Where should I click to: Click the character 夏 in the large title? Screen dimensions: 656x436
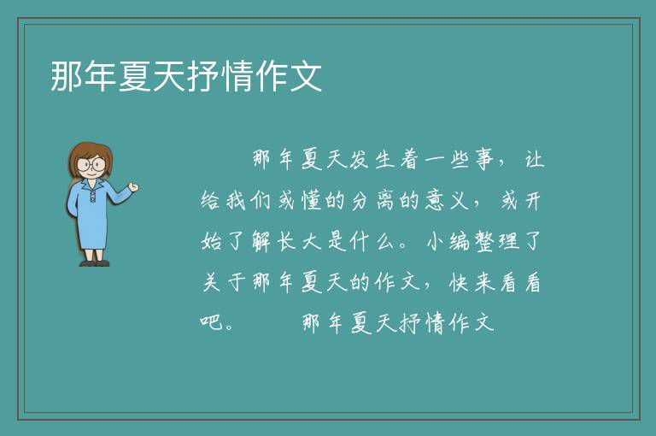(135, 76)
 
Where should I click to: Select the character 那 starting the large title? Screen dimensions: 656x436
(66, 76)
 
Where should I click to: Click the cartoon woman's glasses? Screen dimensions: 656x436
(91, 163)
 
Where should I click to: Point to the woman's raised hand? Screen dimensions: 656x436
(133, 187)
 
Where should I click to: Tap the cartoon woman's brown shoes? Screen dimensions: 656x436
(95, 263)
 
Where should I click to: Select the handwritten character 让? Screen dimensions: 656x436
(535, 160)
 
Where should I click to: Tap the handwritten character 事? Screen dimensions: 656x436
(485, 160)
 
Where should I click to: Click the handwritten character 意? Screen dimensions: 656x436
(435, 200)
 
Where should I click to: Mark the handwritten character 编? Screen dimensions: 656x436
(460, 241)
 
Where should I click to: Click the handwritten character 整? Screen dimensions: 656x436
(485, 241)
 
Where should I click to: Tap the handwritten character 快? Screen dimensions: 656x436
(460, 282)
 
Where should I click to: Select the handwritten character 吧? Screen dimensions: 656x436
(211, 322)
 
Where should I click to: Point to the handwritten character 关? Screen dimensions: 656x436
(211, 282)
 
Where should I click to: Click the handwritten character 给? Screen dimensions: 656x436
(210, 200)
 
